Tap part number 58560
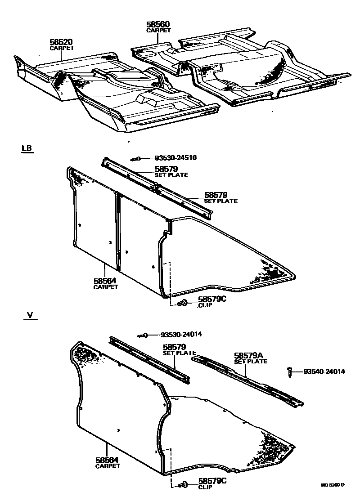coord(158,24)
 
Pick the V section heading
coord(30,315)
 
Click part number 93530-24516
coord(175,158)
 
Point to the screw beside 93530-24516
coord(136,158)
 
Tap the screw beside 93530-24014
coord(143,335)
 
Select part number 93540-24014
coord(324,371)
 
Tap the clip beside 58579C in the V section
coord(183,484)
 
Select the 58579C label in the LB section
coord(212,299)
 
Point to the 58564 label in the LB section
coord(105,281)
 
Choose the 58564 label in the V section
coord(107,460)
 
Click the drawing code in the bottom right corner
coord(333,485)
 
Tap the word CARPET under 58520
coord(62,48)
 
